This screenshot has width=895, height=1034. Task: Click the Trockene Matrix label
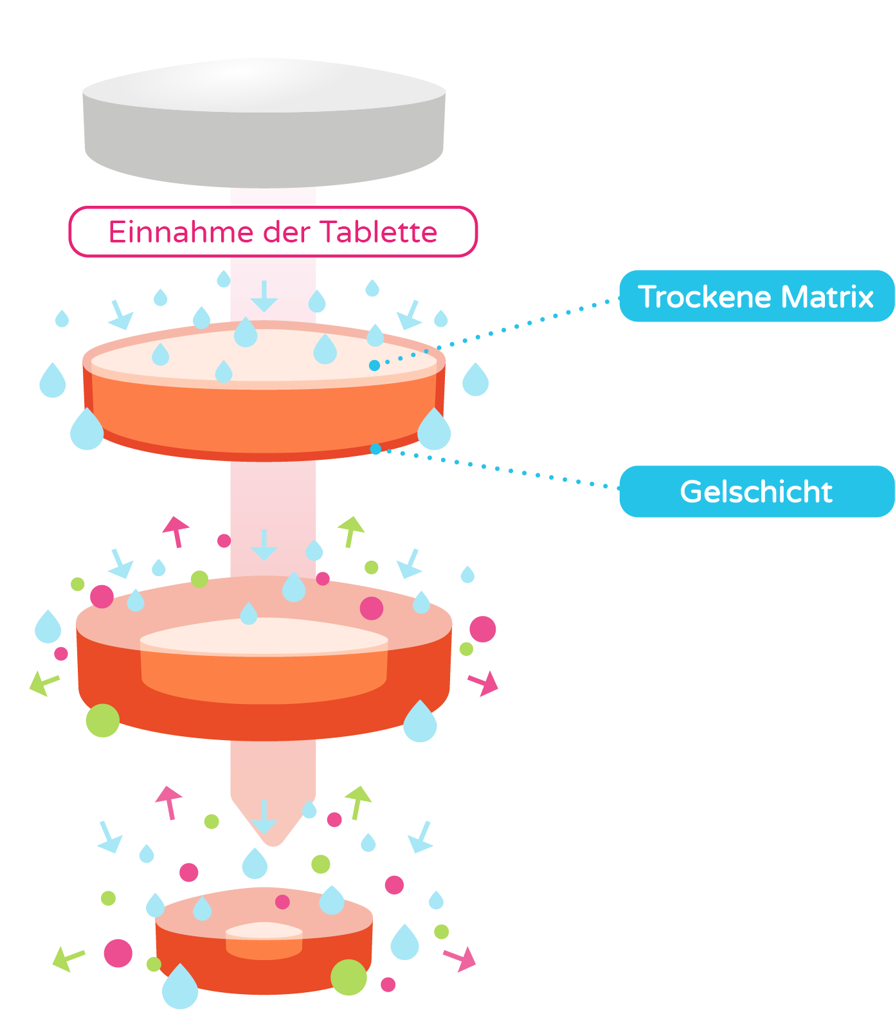pos(756,296)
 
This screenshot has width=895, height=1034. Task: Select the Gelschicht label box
pos(756,492)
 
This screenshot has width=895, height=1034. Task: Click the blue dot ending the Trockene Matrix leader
pos(374,365)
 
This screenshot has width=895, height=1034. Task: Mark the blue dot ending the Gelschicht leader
pos(375,449)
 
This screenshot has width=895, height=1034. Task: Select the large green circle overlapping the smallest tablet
pos(348,977)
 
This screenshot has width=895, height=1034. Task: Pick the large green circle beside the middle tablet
pos(103,720)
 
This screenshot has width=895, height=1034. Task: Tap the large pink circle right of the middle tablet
pos(482,629)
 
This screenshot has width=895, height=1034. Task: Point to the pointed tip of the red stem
pos(273,840)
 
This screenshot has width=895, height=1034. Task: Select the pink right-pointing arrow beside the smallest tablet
pos(462,958)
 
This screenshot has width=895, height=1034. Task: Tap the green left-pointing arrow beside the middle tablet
pos(43,682)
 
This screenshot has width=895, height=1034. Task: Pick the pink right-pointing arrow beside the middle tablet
pos(484,683)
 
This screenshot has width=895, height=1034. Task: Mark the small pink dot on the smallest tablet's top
pos(282,902)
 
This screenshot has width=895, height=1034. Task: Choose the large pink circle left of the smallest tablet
pos(118,953)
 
